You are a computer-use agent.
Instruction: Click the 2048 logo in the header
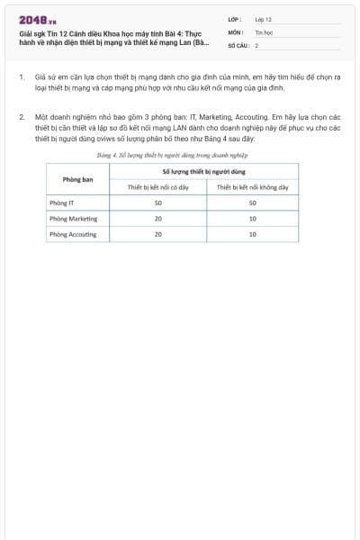[x=37, y=19]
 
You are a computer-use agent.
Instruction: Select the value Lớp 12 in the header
[x=263, y=18]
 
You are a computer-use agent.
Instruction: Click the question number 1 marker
[x=22, y=77]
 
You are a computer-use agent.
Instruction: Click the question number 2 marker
[x=22, y=118]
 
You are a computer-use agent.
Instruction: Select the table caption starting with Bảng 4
[x=172, y=155]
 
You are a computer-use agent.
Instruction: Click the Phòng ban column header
[x=78, y=178]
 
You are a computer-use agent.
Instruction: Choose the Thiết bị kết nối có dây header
[x=158, y=187]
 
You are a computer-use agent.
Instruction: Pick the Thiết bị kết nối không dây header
[x=253, y=187]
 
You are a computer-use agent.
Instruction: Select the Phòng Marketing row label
[x=73, y=219]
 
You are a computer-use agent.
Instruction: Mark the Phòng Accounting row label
[x=74, y=234]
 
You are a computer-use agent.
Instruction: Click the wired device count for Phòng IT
[x=158, y=202]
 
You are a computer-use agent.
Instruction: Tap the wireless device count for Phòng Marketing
[x=253, y=219]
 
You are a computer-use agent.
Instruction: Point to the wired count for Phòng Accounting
[x=158, y=234]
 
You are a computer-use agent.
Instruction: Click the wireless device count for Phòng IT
[x=253, y=202]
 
